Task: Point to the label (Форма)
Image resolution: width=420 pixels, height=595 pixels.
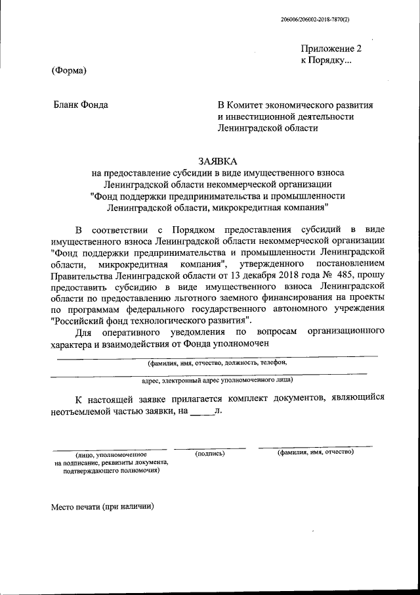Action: point(69,71)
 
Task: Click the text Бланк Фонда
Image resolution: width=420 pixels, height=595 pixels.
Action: point(81,105)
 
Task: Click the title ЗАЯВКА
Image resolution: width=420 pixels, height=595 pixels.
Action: point(217,161)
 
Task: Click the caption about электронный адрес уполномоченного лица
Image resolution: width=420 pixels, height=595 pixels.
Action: point(217,379)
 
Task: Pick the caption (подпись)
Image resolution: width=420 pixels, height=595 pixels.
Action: point(210,453)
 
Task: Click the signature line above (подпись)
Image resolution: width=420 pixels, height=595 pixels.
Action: point(210,448)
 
